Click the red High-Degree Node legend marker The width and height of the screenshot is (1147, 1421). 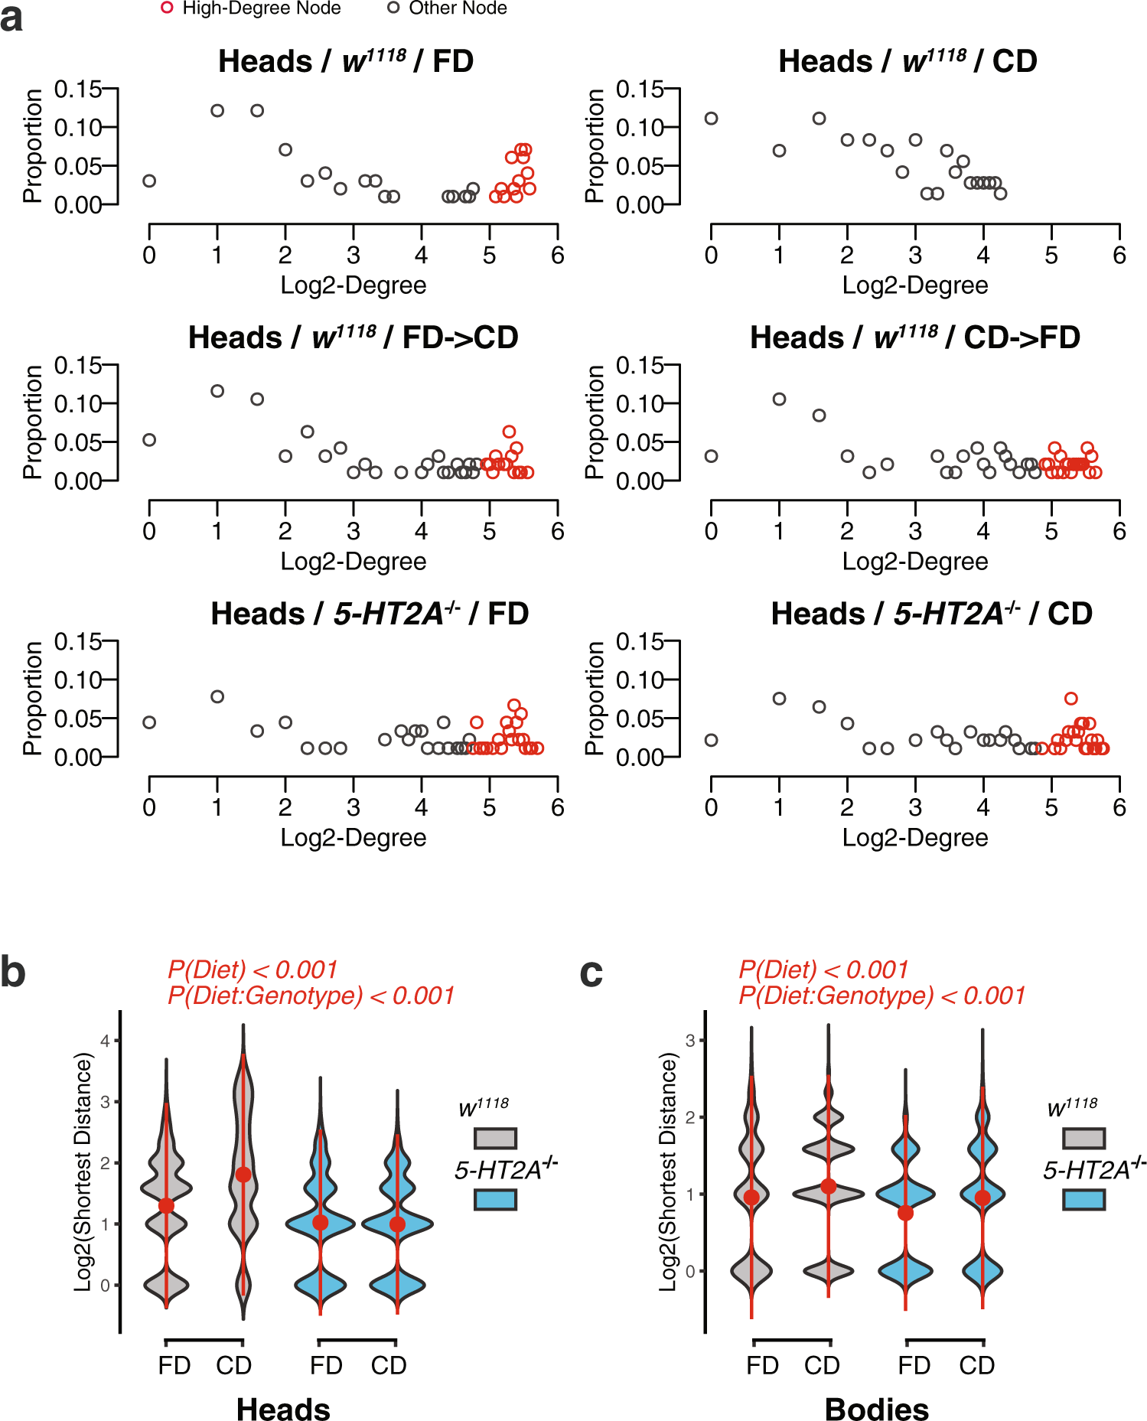pyautogui.click(x=167, y=8)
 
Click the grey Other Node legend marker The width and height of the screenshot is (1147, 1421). pyautogui.click(x=393, y=8)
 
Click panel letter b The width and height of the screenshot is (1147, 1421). pyautogui.click(x=13, y=972)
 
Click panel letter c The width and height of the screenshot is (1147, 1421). pyautogui.click(x=591, y=972)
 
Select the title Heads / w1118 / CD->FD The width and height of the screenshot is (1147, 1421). pyautogui.click(x=914, y=337)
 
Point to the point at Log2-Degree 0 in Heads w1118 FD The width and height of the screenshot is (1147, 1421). pyautogui.click(x=149, y=181)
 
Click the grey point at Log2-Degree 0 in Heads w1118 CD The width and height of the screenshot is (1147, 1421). pyautogui.click(x=711, y=119)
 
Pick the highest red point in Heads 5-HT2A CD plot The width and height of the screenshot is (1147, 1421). pyautogui.click(x=1071, y=699)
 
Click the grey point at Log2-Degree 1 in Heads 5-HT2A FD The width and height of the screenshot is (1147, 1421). pyautogui.click(x=217, y=696)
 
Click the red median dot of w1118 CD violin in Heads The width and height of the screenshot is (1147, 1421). pyautogui.click(x=243, y=1175)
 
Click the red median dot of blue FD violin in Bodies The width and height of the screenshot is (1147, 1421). pyautogui.click(x=905, y=1213)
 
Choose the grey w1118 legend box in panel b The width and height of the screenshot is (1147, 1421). pyautogui.click(x=495, y=1139)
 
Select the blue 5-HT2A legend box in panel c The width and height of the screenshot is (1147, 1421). pyautogui.click(x=1083, y=1199)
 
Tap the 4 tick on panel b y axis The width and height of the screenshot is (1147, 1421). pyautogui.click(x=106, y=1041)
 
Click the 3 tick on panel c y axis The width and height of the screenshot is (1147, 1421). pyautogui.click(x=690, y=1041)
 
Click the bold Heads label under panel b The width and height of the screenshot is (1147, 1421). pyautogui.click(x=283, y=1409)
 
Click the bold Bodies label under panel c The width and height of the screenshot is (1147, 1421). pyautogui.click(x=877, y=1409)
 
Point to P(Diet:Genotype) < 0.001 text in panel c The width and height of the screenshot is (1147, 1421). pyautogui.click(x=881, y=996)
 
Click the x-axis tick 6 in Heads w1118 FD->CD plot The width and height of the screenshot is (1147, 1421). pyautogui.click(x=558, y=531)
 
